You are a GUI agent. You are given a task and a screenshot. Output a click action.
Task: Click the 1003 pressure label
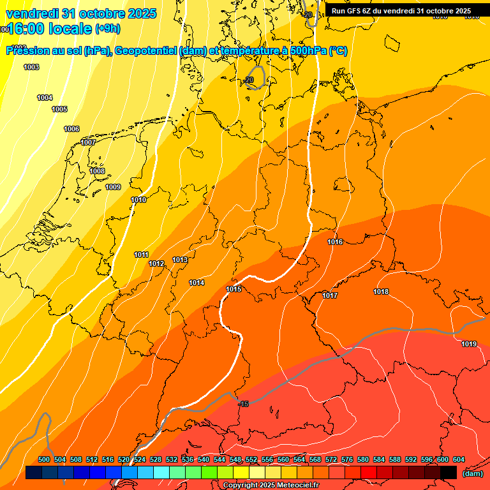point(31,67)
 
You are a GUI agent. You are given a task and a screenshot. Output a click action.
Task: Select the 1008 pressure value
point(97,171)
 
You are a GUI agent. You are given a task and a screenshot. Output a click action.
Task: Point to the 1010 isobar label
point(138,200)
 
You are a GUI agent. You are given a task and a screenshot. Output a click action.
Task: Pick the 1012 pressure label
point(156,264)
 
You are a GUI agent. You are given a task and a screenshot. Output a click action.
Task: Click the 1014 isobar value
point(197,283)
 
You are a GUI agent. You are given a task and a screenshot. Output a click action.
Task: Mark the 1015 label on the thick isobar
point(234,290)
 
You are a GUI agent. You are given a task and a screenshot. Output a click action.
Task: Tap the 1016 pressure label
point(335,242)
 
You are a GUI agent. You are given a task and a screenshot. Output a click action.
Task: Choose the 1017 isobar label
point(330,295)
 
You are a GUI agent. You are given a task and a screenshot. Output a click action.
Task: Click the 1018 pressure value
point(381,292)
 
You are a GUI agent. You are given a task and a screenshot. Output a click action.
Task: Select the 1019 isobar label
point(469,344)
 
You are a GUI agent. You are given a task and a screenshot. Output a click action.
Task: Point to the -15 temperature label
point(243,404)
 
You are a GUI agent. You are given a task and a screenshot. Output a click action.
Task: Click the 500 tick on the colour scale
point(44,459)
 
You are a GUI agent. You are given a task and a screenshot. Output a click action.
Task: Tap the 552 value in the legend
point(251,459)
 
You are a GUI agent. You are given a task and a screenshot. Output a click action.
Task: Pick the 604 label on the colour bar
point(459,459)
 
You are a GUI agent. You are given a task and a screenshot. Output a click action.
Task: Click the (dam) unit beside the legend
point(472,473)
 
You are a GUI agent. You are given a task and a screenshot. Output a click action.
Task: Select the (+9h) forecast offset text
point(107,28)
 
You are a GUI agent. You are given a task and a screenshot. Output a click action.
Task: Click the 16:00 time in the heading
point(29,28)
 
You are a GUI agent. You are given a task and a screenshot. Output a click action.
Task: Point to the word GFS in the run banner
point(355,11)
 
